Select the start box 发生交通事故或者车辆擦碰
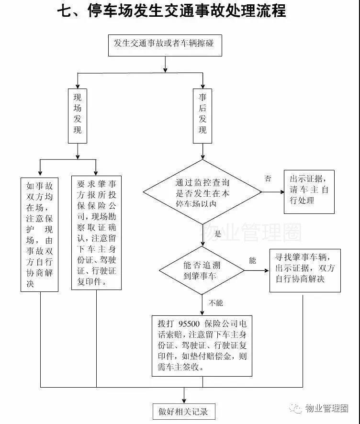click(x=165, y=45)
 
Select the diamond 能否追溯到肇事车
click(x=202, y=271)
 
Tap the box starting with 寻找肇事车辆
click(x=305, y=270)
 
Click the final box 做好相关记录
click(x=184, y=411)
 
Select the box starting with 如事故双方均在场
click(x=40, y=234)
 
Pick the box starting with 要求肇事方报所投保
click(x=96, y=233)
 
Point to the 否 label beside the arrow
click(x=268, y=179)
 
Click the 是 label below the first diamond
click(x=218, y=234)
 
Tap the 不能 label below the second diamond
click(x=215, y=303)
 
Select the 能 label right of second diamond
click(x=253, y=261)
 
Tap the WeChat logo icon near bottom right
click(x=298, y=408)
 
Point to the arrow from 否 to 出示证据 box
click(x=273, y=192)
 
